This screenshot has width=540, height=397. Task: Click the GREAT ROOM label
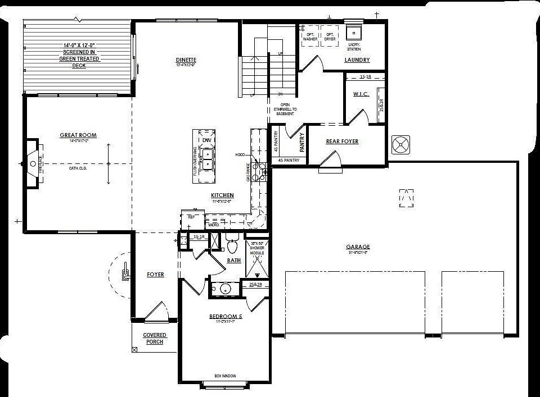click(x=78, y=135)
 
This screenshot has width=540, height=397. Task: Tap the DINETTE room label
click(x=186, y=60)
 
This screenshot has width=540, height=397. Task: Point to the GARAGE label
click(x=358, y=247)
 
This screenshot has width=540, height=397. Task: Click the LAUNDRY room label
click(x=357, y=60)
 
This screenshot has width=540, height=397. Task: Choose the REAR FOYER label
click(x=342, y=142)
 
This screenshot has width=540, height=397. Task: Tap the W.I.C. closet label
click(x=361, y=94)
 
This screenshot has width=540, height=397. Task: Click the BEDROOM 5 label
click(x=225, y=317)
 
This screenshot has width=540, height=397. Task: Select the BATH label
click(x=233, y=261)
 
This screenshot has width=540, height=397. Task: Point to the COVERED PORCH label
click(x=154, y=338)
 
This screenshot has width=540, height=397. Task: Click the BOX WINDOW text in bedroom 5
click(x=224, y=376)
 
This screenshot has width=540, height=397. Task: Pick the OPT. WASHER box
click(x=310, y=35)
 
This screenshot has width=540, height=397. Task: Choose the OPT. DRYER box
click(x=329, y=35)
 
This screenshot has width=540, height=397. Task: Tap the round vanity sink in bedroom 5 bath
click(x=225, y=289)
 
